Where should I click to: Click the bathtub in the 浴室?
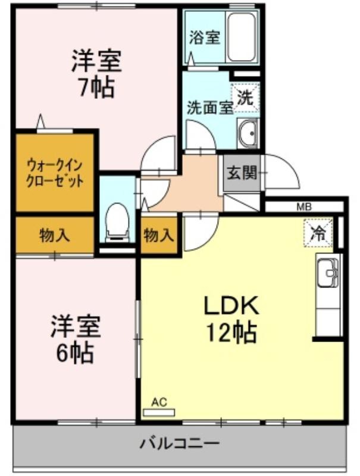[241, 37]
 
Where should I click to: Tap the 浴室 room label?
[205, 38]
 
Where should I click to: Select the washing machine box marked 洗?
[246, 98]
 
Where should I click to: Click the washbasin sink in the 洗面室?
[248, 133]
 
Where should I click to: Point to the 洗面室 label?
[209, 108]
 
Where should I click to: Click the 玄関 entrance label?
[242, 173]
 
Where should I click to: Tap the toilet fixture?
[117, 222]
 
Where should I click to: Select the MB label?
[304, 207]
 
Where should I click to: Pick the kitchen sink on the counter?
[328, 273]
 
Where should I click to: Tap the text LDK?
[231, 306]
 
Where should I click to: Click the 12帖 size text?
[231, 333]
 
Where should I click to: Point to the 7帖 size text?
[96, 87]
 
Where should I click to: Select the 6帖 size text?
[74, 353]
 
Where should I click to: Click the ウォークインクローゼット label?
[55, 173]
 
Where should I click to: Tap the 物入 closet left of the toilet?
[55, 235]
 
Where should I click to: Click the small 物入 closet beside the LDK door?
[159, 235]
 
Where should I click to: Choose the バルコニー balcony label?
[179, 444]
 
